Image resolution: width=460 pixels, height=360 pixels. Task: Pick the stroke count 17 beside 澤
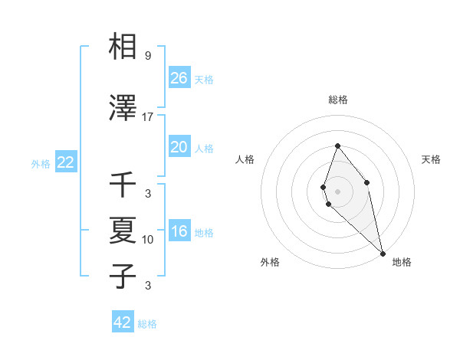[x=148, y=117]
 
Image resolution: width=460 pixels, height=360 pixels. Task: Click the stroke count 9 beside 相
[x=148, y=56]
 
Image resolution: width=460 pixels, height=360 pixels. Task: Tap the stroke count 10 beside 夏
[x=148, y=240]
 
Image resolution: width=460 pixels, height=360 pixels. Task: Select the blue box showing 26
[x=179, y=77]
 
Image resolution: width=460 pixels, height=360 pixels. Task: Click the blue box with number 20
[x=179, y=147]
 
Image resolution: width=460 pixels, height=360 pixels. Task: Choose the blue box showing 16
[x=179, y=231]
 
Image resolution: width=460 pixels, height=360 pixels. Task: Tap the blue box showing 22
[x=66, y=162]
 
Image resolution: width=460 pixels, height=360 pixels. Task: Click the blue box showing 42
[x=123, y=322]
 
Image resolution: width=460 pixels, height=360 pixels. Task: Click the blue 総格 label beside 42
[x=147, y=324]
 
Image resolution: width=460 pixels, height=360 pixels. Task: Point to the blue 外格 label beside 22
[x=41, y=163]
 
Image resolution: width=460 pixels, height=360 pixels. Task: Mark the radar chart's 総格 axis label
[x=337, y=100]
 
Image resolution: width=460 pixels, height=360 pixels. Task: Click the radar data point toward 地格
[x=382, y=253]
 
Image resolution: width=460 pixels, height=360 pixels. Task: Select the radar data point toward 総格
[x=337, y=146]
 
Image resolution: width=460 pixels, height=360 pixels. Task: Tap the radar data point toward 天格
[x=367, y=182]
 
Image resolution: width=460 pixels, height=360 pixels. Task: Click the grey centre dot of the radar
[x=337, y=191]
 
